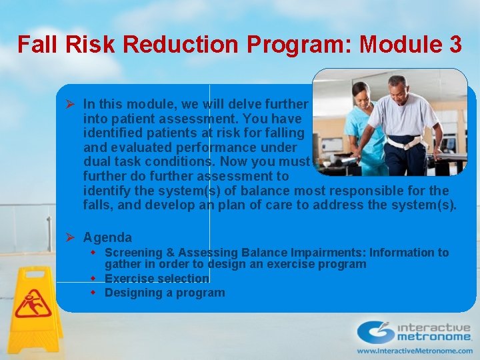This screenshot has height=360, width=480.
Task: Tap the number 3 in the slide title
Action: pyautogui.click(x=455, y=45)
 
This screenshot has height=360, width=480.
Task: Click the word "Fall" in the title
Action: pyautogui.click(x=35, y=45)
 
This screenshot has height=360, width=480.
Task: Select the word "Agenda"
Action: pyautogui.click(x=107, y=237)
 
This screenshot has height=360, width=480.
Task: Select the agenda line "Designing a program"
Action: pyautogui.click(x=165, y=293)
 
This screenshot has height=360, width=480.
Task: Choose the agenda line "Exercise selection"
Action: pyautogui.click(x=157, y=279)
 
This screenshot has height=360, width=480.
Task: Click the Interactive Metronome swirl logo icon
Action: pyautogui.click(x=375, y=332)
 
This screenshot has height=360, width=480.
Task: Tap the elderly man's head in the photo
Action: pyautogui.click(x=398, y=86)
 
